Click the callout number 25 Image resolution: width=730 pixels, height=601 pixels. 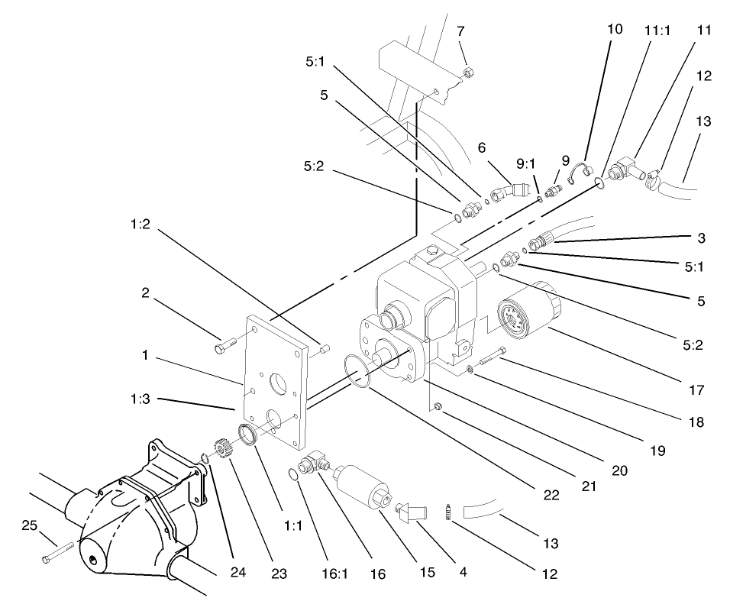click(28, 525)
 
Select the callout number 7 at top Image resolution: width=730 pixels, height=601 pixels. click(460, 31)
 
